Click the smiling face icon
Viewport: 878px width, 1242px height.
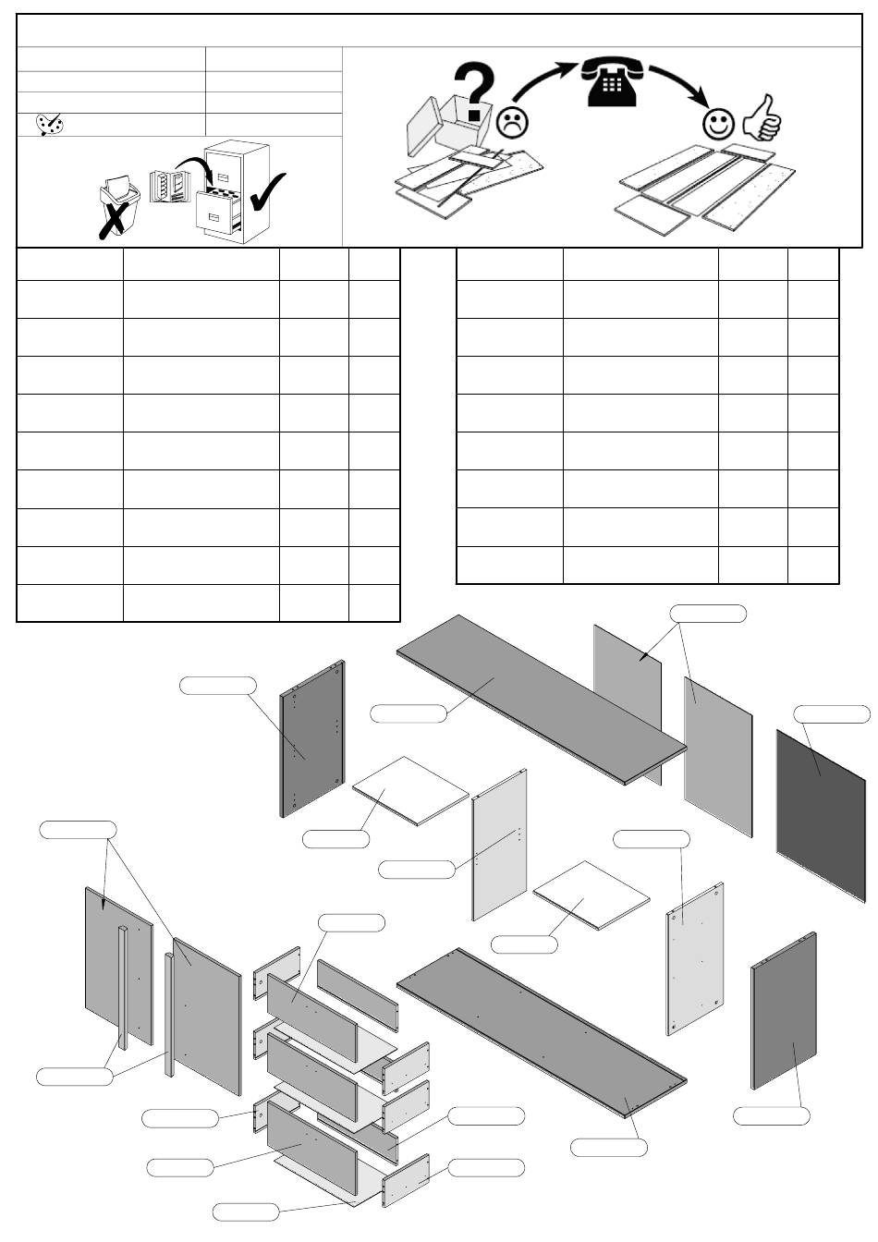pyautogui.click(x=718, y=124)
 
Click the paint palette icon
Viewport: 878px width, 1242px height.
pyautogui.click(x=50, y=125)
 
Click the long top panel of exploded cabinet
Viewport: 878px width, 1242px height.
pyautogui.click(x=541, y=699)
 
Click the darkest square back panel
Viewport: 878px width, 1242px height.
pyautogui.click(x=820, y=813)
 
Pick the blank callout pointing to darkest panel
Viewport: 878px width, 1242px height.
pyautogui.click(x=832, y=714)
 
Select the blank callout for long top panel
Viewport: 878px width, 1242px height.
pyautogui.click(x=408, y=712)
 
